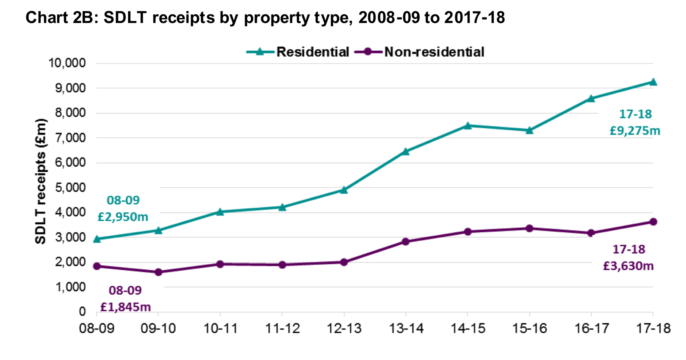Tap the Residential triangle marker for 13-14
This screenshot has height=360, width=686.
tap(406, 152)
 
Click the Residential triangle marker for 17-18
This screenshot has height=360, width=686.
tap(653, 82)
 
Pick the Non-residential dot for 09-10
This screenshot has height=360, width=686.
tap(159, 272)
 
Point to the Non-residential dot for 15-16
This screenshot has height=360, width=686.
tap(529, 228)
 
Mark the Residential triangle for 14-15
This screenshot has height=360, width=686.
tap(468, 126)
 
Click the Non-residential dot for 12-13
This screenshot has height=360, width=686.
tap(344, 262)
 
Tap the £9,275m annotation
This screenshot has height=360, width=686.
tap(635, 131)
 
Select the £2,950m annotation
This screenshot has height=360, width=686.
tap(123, 217)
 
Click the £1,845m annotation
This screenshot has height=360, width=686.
tap(125, 307)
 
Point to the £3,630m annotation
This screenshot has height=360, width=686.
tap(628, 266)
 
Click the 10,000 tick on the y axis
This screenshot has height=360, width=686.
tap(67, 63)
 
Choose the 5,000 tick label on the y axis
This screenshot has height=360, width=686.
tap(70, 188)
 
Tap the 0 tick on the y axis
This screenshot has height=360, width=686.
tap(82, 312)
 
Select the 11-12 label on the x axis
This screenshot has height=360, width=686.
tap(282, 328)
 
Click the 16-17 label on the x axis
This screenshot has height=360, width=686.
tap(591, 328)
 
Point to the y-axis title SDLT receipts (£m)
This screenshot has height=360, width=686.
tap(41, 181)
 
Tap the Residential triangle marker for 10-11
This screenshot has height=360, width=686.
tap(220, 212)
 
